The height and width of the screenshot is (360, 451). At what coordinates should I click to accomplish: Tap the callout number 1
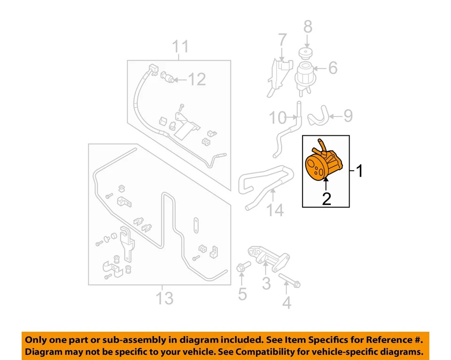point(359,171)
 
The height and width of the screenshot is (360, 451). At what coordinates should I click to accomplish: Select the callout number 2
point(326,199)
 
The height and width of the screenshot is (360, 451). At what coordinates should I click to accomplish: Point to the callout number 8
point(307,27)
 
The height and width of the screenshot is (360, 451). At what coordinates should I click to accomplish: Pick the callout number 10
point(277,117)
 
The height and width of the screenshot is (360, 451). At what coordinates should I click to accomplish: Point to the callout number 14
point(276,210)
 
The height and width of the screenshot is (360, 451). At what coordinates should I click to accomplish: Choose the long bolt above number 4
point(289,280)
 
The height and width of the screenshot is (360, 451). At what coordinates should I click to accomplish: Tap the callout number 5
point(242,294)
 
